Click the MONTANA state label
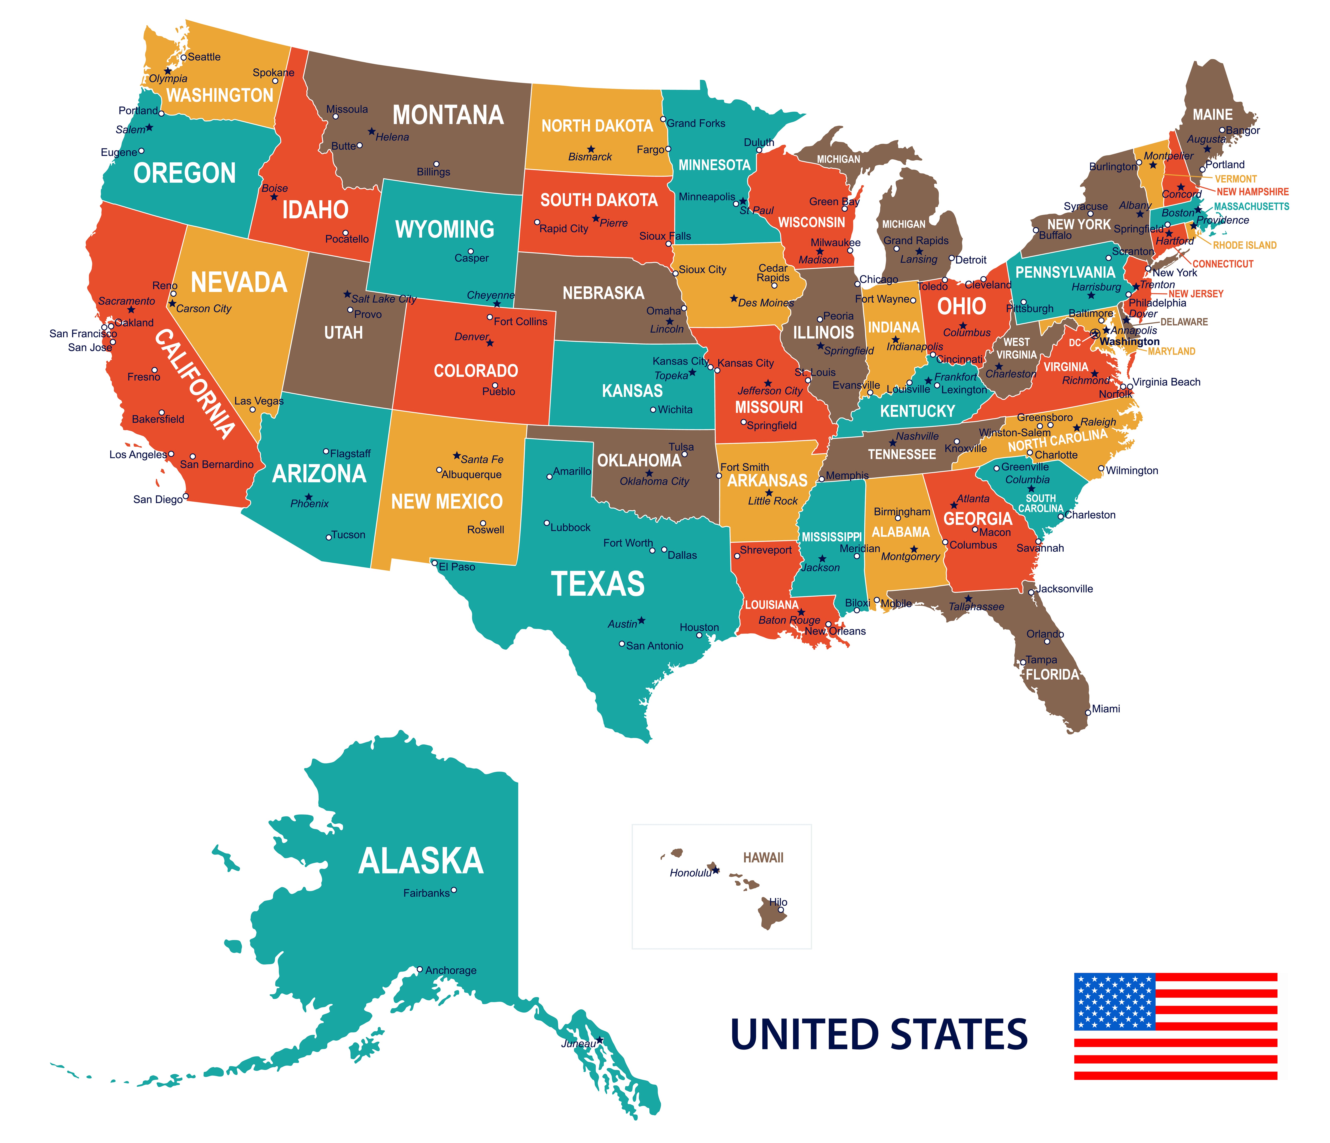448,116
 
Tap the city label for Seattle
204,57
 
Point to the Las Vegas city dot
253,409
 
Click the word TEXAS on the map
598,584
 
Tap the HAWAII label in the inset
763,858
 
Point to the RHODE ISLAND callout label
1245,245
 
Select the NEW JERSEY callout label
1196,294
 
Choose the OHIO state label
962,307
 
